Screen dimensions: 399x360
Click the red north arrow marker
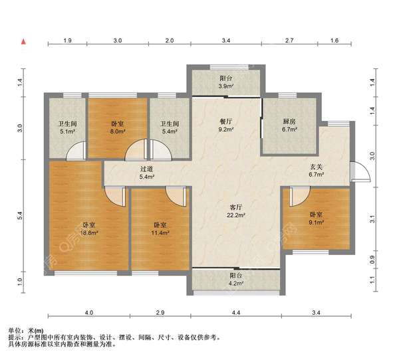pyautogui.click(x=24, y=41)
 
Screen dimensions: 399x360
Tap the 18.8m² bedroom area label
pyautogui.click(x=89, y=228)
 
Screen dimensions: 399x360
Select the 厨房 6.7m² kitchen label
pyautogui.click(x=289, y=126)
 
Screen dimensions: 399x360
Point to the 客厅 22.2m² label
pyautogui.click(x=236, y=211)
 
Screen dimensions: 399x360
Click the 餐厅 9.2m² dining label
pyautogui.click(x=226, y=126)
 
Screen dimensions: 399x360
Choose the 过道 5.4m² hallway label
pyautogui.click(x=147, y=173)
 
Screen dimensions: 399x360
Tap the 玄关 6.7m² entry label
pyautogui.click(x=316, y=170)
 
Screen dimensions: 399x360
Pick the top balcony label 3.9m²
pyautogui.click(x=226, y=82)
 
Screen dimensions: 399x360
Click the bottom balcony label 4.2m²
pyautogui.click(x=236, y=279)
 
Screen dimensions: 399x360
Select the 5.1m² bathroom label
pyautogui.click(x=67, y=128)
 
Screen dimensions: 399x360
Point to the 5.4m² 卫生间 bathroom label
pyautogui.click(x=170, y=128)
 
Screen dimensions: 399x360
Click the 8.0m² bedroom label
pyautogui.click(x=118, y=128)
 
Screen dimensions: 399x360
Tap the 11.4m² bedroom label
pyautogui.click(x=160, y=228)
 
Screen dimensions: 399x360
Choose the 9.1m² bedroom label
pyautogui.click(x=316, y=219)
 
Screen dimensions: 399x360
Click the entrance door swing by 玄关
pyautogui.click(x=360, y=171)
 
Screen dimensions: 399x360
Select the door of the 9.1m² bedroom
pyautogui.click(x=299, y=196)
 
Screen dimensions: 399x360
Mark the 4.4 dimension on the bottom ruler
pyautogui.click(x=236, y=312)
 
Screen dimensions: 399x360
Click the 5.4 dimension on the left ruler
pyautogui.click(x=21, y=216)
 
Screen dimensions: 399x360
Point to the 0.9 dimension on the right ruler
pyautogui.click(x=372, y=259)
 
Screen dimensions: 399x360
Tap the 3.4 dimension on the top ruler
pyautogui.click(x=226, y=41)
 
